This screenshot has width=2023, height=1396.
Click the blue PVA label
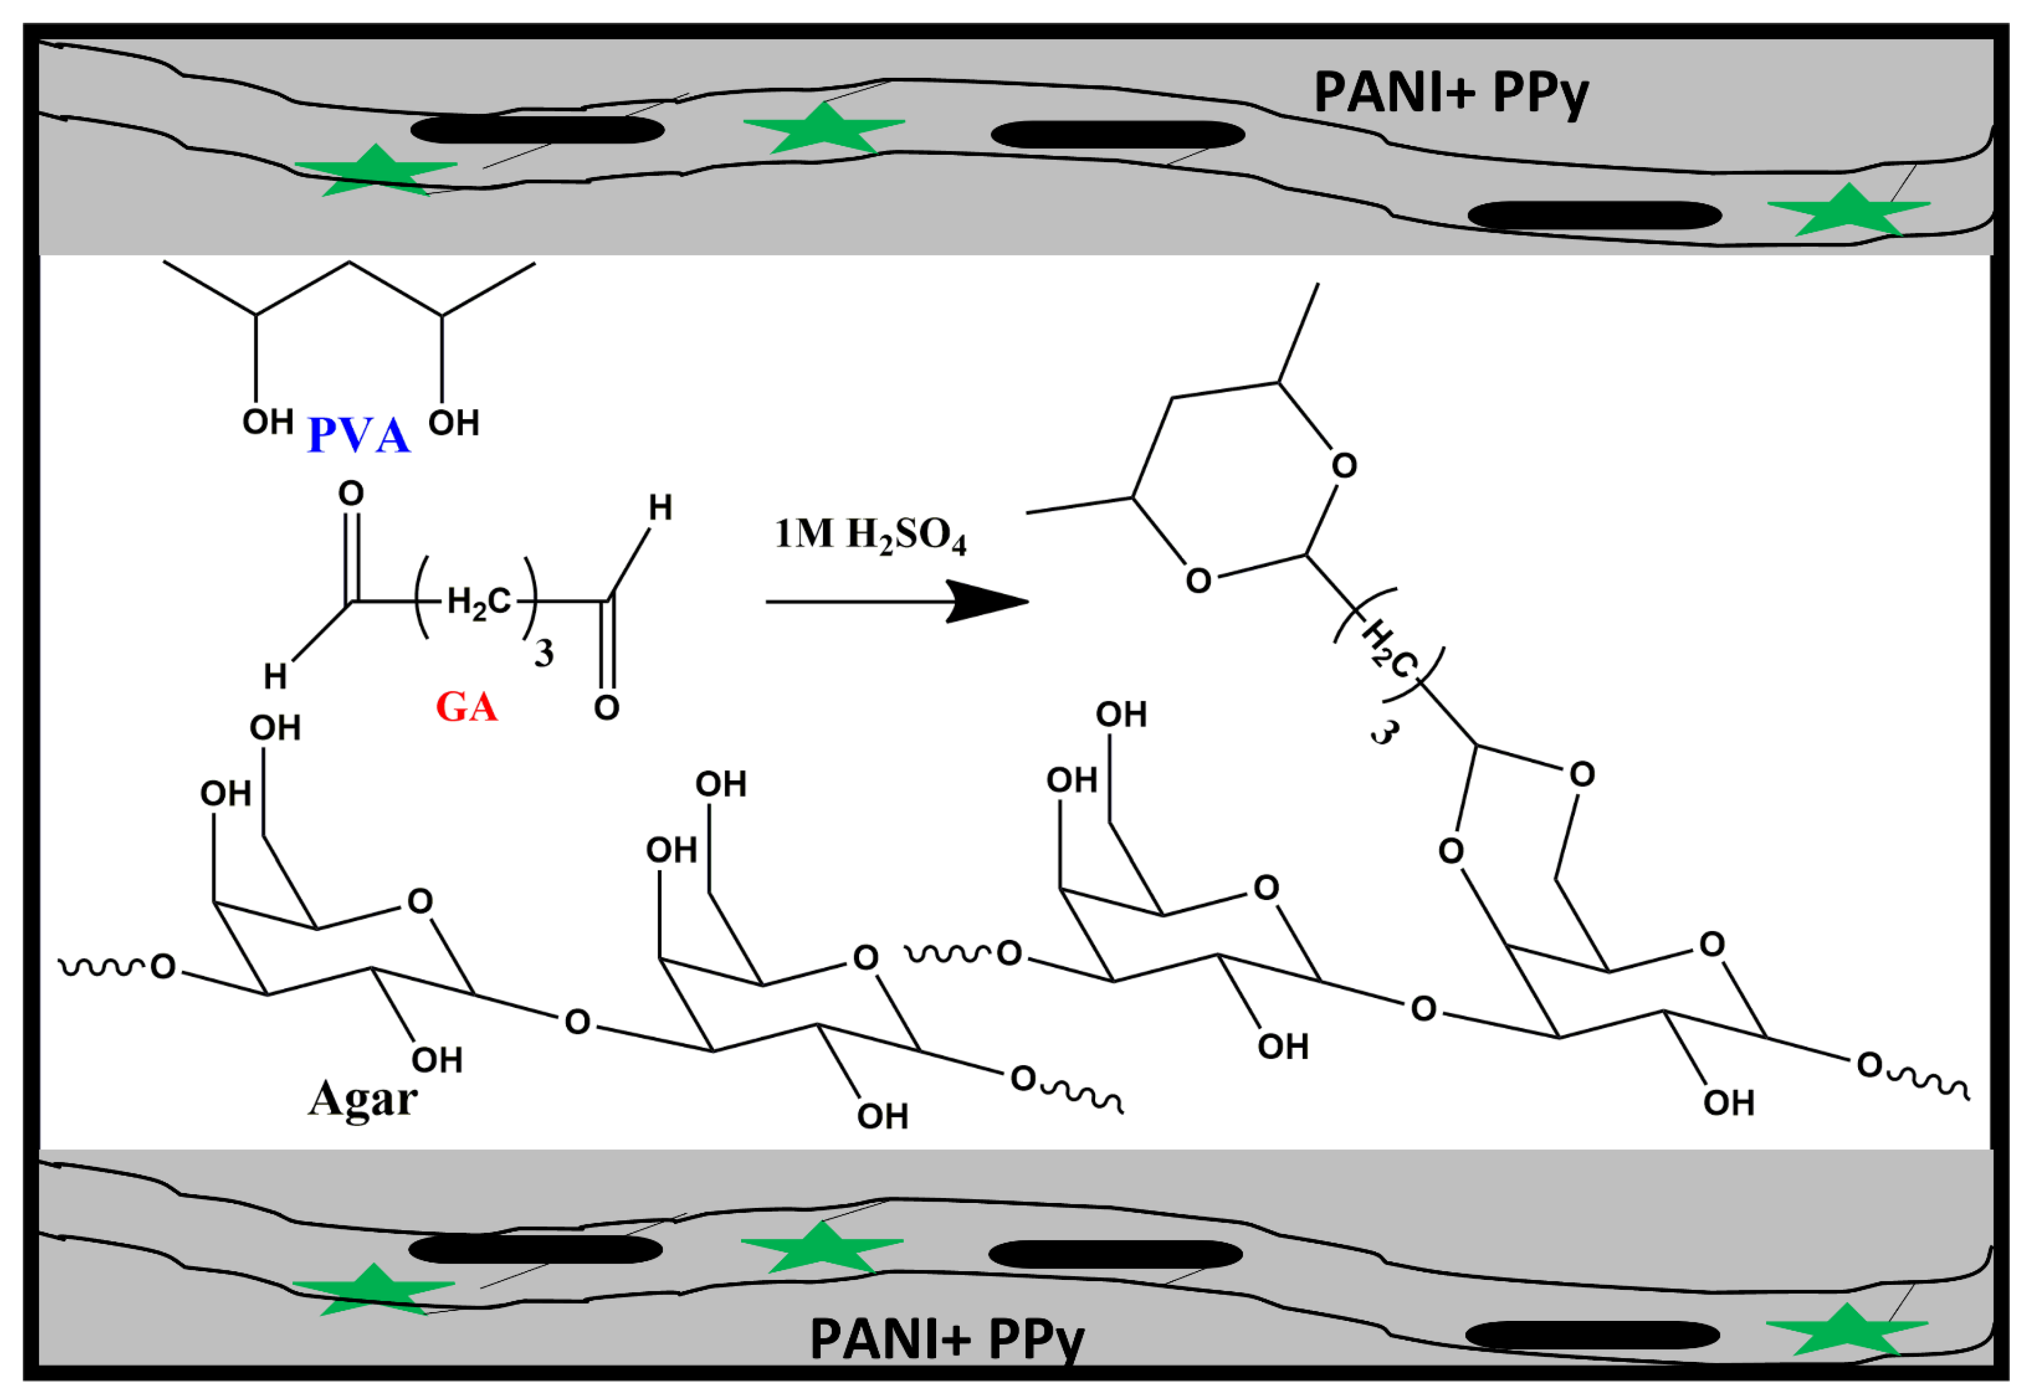click(x=359, y=435)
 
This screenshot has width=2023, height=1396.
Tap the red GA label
click(x=466, y=707)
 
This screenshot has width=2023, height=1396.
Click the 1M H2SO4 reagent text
click(x=871, y=535)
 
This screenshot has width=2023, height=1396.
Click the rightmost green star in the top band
click(x=1848, y=210)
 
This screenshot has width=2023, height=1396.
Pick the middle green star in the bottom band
click(x=822, y=1247)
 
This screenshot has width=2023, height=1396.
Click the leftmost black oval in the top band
click(x=537, y=129)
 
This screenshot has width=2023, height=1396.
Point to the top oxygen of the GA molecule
click(x=351, y=493)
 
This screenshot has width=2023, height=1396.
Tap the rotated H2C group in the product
click(x=1389, y=648)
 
